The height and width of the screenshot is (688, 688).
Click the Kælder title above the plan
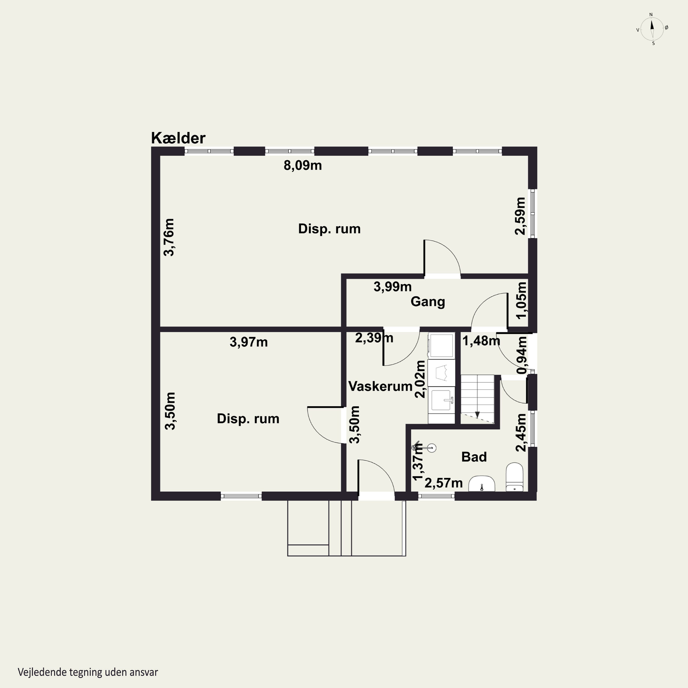coord(178,138)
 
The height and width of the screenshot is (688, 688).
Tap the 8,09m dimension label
coord(303,166)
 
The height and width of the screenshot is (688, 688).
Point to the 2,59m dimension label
coord(520,216)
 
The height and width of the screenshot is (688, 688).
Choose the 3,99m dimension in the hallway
coord(392,287)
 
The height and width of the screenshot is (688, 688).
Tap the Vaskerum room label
coord(380,386)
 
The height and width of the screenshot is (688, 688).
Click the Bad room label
coord(474,457)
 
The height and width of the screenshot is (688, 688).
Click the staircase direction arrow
coord(477,415)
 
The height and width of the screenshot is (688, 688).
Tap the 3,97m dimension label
coord(249,342)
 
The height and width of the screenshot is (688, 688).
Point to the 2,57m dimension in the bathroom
coord(444,483)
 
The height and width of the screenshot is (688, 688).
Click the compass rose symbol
coord(652,29)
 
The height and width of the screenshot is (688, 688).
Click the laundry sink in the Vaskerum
coord(441,400)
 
